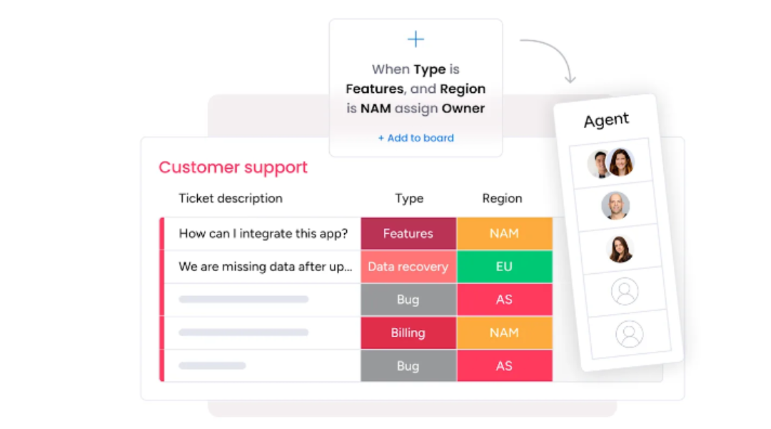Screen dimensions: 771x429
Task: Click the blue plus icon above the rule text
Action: [x=415, y=39]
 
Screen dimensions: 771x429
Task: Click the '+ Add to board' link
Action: [x=415, y=138]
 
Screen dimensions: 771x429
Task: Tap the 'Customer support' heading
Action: [x=233, y=167]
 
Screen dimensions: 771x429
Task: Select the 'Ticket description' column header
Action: [x=231, y=198]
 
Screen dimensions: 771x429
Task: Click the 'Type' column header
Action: [x=409, y=199]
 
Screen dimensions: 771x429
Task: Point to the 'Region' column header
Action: [x=502, y=199]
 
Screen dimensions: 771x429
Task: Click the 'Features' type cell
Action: [x=408, y=234]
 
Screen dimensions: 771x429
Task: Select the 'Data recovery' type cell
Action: [x=408, y=267]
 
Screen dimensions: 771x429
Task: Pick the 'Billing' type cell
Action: [x=408, y=333]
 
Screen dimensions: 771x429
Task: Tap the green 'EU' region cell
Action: [x=505, y=267]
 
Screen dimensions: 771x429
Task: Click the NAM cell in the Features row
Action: [x=505, y=234]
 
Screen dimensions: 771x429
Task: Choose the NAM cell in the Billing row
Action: [x=505, y=333]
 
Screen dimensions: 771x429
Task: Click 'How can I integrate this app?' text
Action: [x=263, y=234]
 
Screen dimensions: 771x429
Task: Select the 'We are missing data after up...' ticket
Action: [x=266, y=267]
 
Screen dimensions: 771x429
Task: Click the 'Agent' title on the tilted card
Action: [x=606, y=119]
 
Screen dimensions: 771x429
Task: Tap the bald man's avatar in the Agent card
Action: [x=615, y=205]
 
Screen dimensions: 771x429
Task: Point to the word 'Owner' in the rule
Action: [x=463, y=109]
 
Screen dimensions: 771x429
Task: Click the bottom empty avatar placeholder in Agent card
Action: [x=630, y=334]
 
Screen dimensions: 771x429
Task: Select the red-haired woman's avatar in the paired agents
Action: [x=620, y=162]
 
